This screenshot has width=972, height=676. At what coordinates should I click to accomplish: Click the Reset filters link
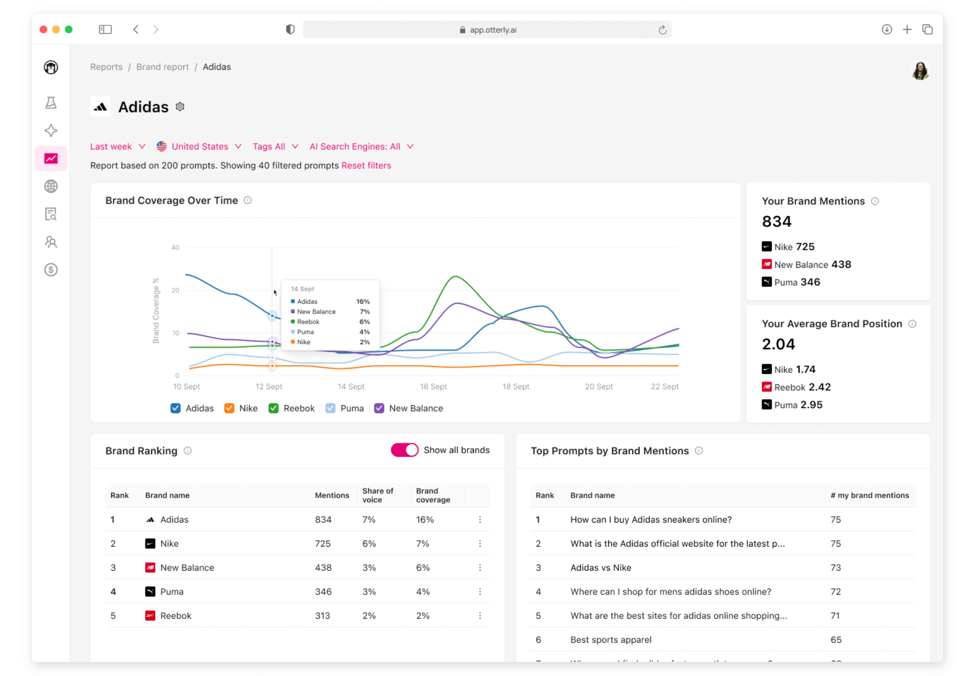(366, 165)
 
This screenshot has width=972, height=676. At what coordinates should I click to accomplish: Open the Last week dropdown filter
(117, 146)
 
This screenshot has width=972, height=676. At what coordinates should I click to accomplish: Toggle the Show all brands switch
(404, 450)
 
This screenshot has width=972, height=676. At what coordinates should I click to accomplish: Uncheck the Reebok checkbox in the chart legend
(273, 408)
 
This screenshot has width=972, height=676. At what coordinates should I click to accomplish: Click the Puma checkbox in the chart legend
(330, 408)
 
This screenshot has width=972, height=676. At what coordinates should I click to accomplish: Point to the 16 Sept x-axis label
(434, 386)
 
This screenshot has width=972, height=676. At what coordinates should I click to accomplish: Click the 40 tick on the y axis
(175, 248)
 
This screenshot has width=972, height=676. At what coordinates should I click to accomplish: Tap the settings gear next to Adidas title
(180, 107)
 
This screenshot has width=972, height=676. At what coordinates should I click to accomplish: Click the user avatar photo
(920, 71)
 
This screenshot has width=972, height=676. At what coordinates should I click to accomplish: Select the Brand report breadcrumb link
(162, 67)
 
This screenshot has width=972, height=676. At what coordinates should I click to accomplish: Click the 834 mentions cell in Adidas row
(323, 519)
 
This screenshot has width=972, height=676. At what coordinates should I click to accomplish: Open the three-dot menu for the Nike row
(480, 543)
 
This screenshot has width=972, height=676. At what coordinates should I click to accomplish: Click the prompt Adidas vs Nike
(601, 567)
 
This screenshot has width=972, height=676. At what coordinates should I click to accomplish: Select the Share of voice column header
(378, 495)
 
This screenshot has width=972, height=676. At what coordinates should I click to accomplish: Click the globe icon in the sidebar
(51, 186)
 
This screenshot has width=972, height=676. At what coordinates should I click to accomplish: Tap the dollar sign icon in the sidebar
(51, 270)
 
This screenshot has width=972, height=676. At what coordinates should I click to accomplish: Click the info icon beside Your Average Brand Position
(912, 324)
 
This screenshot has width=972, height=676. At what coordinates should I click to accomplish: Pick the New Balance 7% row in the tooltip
(330, 312)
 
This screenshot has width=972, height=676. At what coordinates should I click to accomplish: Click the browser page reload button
(663, 30)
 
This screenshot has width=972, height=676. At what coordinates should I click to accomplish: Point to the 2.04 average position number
(778, 344)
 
